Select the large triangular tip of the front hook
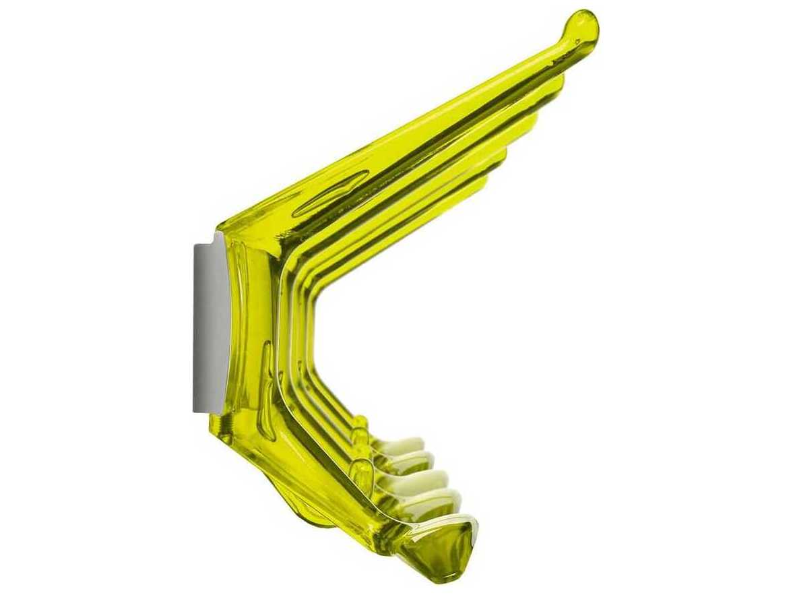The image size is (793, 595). tap(448, 546)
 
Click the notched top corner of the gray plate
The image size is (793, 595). tap(217, 237)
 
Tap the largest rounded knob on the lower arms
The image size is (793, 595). tap(362, 472)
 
